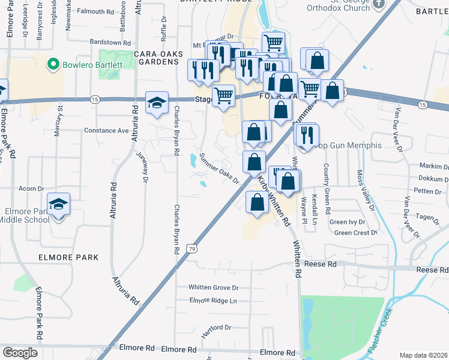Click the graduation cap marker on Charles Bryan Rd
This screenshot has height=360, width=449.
pos(157,103)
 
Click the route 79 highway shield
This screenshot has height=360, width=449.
pos(191,248)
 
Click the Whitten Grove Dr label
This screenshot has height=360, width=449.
pos(214,287)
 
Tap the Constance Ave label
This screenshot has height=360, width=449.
pos(106,130)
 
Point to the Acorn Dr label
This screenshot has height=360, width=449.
pos(32,188)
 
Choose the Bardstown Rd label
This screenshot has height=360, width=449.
pos(110,43)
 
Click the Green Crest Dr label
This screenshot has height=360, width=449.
pos(355,233)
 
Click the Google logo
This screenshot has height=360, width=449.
pos(20,353)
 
